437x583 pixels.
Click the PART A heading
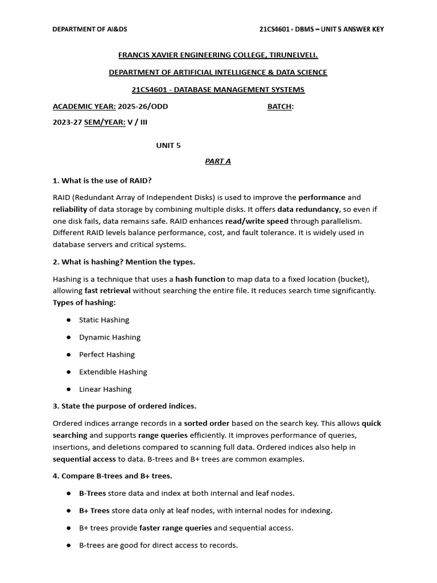[218, 161]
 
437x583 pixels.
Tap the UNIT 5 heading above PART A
[168, 145]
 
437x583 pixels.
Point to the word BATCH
[279, 106]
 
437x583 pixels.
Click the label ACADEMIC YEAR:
[84, 106]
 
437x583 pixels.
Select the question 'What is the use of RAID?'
[102, 180]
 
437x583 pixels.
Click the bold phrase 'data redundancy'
[308, 210]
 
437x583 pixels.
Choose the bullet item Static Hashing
[104, 320]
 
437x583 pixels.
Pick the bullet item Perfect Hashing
[107, 355]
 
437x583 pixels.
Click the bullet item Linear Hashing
[105, 389]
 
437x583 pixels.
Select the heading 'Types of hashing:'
[84, 302]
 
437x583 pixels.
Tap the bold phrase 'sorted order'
[207, 424]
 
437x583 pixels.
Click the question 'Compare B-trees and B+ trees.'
[112, 475]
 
